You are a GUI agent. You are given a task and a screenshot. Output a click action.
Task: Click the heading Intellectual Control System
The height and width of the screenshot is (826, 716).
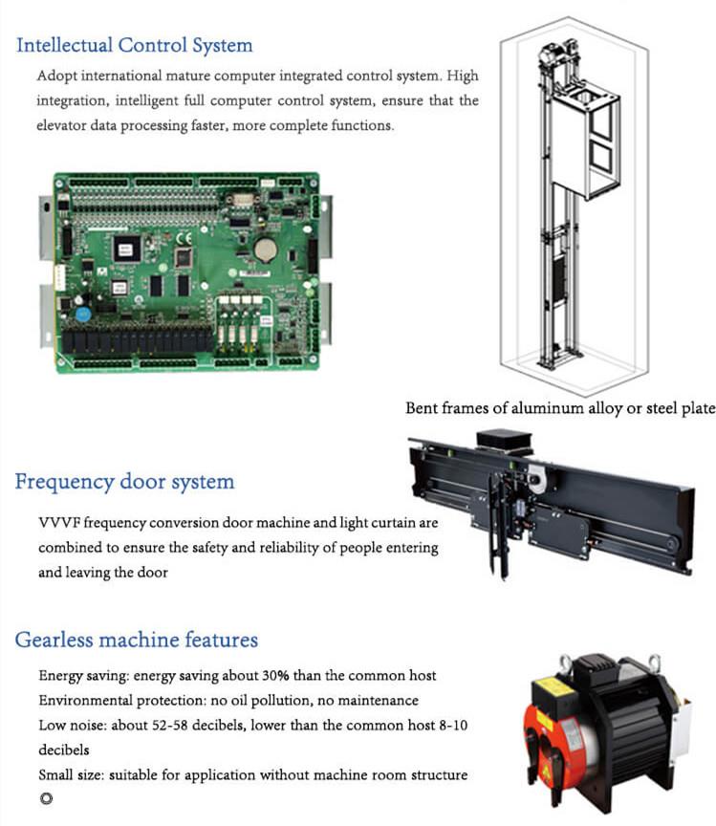point(135,46)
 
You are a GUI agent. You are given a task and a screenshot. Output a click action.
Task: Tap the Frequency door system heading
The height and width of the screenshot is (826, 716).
point(124,482)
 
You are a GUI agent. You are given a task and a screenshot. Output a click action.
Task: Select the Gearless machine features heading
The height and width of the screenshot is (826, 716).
point(136,640)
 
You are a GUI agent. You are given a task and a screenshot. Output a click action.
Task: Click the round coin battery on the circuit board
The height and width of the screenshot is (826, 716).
point(265,250)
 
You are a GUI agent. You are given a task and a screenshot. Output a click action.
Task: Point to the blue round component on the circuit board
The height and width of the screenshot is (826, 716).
point(83,315)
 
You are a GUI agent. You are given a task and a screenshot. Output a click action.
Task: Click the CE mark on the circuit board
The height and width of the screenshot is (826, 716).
point(184,239)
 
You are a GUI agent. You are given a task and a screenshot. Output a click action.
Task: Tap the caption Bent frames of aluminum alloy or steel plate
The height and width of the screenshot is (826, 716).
point(560,408)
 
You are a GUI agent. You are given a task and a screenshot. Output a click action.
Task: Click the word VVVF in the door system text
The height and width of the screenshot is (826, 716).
point(59,523)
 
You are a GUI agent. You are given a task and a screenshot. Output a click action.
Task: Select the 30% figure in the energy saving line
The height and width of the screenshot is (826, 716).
point(275,675)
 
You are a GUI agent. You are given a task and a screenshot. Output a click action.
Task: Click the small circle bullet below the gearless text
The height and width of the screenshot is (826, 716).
point(47,798)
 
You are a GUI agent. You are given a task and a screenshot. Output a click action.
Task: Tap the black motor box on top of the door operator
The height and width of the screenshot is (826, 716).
point(504,440)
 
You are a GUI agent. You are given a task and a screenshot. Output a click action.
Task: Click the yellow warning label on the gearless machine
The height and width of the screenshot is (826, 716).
point(550,688)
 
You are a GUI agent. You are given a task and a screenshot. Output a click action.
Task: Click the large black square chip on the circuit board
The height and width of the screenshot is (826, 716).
point(127,249)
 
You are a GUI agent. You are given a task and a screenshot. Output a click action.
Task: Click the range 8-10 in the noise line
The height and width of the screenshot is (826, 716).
point(453,726)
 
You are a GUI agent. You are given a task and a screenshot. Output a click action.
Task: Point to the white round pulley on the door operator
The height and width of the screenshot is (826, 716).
point(536,481)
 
